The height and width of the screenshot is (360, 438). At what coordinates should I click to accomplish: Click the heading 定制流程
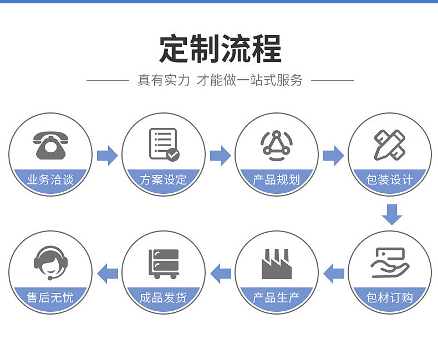[x=220, y=49]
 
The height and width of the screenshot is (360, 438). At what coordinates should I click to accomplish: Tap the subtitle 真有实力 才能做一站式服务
[x=220, y=80]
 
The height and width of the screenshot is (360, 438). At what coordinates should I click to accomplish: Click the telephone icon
[x=50, y=146]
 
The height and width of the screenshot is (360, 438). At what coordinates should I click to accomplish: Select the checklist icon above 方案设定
[x=164, y=145]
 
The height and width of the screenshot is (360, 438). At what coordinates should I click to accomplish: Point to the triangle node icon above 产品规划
[x=277, y=145]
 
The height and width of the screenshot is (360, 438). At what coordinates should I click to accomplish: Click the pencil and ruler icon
[x=390, y=145]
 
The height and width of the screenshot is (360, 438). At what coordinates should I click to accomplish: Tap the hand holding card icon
[x=390, y=263]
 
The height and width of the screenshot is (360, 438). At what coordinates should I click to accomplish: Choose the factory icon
[x=276, y=264]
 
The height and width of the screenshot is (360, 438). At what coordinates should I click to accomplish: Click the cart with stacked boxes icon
[x=164, y=264]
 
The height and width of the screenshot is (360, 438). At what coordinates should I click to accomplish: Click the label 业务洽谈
[x=50, y=179]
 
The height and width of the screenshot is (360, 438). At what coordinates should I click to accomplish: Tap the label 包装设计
[x=390, y=179]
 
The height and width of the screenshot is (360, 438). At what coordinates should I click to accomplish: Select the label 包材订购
[x=390, y=298]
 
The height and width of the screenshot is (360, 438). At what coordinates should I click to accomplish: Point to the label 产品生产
[x=276, y=298]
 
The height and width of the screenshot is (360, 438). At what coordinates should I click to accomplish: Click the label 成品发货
[x=164, y=298]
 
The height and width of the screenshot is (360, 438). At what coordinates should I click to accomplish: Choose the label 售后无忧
[x=50, y=298]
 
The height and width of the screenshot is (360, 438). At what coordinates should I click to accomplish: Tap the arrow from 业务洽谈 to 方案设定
[x=107, y=156]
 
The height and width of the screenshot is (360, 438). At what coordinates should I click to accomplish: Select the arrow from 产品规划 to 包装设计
[x=333, y=156]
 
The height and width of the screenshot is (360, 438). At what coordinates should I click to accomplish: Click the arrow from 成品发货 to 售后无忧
[x=108, y=272]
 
